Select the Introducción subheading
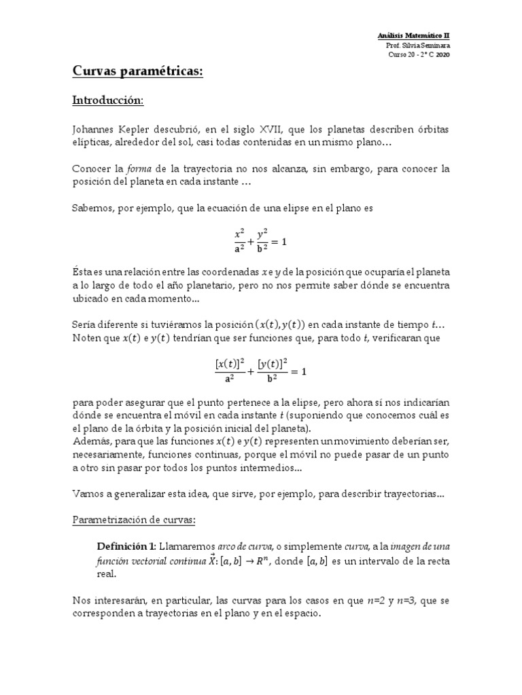coord(107,100)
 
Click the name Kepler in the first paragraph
coord(145,130)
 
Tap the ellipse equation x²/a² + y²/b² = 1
coord(261,242)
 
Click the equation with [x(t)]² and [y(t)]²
coord(261,371)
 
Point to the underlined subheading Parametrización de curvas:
coord(134,520)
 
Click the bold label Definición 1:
coord(127,546)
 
